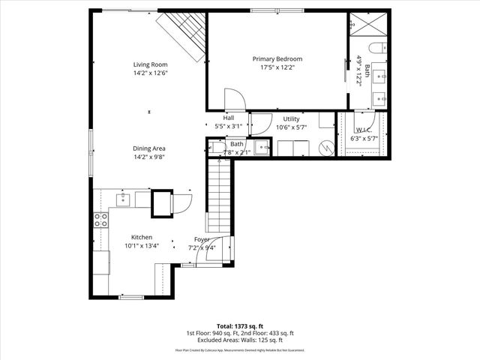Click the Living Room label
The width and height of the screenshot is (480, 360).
coord(149,64)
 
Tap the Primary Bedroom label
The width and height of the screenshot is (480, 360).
coord(277,58)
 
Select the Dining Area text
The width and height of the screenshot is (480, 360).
coord(149,148)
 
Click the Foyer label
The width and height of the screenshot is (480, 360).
coord(202,238)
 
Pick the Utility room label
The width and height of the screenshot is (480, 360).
coord(291,119)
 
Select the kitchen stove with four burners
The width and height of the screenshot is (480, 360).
coord(100,220)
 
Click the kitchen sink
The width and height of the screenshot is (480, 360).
coord(123,199)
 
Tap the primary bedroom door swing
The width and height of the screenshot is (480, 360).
coord(232,100)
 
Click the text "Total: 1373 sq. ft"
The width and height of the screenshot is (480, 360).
coord(239,326)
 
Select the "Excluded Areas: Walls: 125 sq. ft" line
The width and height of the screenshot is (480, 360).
coord(239,339)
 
